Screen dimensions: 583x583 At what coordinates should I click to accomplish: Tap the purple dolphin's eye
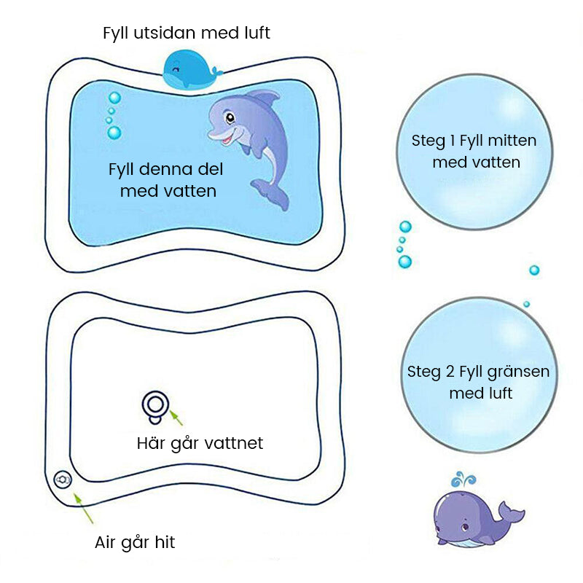[230, 118]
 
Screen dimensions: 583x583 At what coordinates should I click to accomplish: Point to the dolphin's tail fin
[271, 194]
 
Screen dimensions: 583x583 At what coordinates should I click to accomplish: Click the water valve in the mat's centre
[155, 407]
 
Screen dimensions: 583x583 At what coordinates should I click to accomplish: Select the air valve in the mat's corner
[63, 480]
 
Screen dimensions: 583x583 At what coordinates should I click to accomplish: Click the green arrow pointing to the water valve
[176, 418]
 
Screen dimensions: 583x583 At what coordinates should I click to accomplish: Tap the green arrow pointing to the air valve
[83, 508]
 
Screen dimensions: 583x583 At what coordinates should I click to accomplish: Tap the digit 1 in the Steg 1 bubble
[453, 141]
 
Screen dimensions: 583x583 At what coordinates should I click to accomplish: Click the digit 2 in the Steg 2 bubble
[450, 372]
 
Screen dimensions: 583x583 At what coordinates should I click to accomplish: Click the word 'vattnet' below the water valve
[234, 443]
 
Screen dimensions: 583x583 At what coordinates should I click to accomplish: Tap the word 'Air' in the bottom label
[105, 542]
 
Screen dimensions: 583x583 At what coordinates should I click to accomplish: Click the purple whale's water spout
[463, 480]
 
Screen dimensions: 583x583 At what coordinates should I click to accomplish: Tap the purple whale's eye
[465, 527]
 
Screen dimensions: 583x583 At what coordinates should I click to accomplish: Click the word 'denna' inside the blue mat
[167, 169]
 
